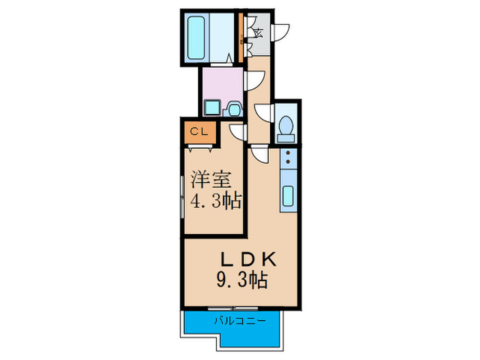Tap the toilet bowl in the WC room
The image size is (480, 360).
coord(287,127)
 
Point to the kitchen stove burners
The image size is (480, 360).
coord(288,160)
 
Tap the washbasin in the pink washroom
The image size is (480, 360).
coord(234,108)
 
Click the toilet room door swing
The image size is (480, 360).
coord(264,113)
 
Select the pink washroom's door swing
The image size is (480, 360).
coord(252,80)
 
